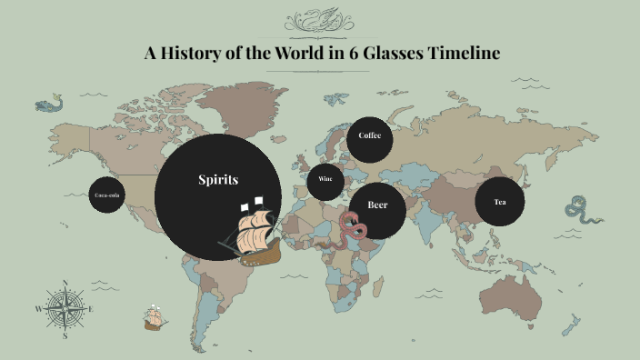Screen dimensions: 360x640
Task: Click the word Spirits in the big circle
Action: click(x=218, y=180)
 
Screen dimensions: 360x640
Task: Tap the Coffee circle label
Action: click(x=369, y=135)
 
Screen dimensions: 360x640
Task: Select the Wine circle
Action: click(x=325, y=179)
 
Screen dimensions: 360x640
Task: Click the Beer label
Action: click(x=377, y=205)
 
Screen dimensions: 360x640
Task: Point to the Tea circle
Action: click(x=499, y=202)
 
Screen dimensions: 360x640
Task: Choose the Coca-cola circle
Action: click(x=106, y=195)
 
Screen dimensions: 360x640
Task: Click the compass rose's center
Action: click(x=65, y=308)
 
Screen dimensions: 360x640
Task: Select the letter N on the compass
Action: click(x=65, y=282)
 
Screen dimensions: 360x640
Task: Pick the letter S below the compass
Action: click(x=65, y=335)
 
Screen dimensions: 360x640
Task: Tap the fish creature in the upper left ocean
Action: click(x=48, y=105)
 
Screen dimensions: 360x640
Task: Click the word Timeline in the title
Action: click(x=461, y=53)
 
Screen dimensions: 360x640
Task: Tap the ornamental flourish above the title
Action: click(x=320, y=19)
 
